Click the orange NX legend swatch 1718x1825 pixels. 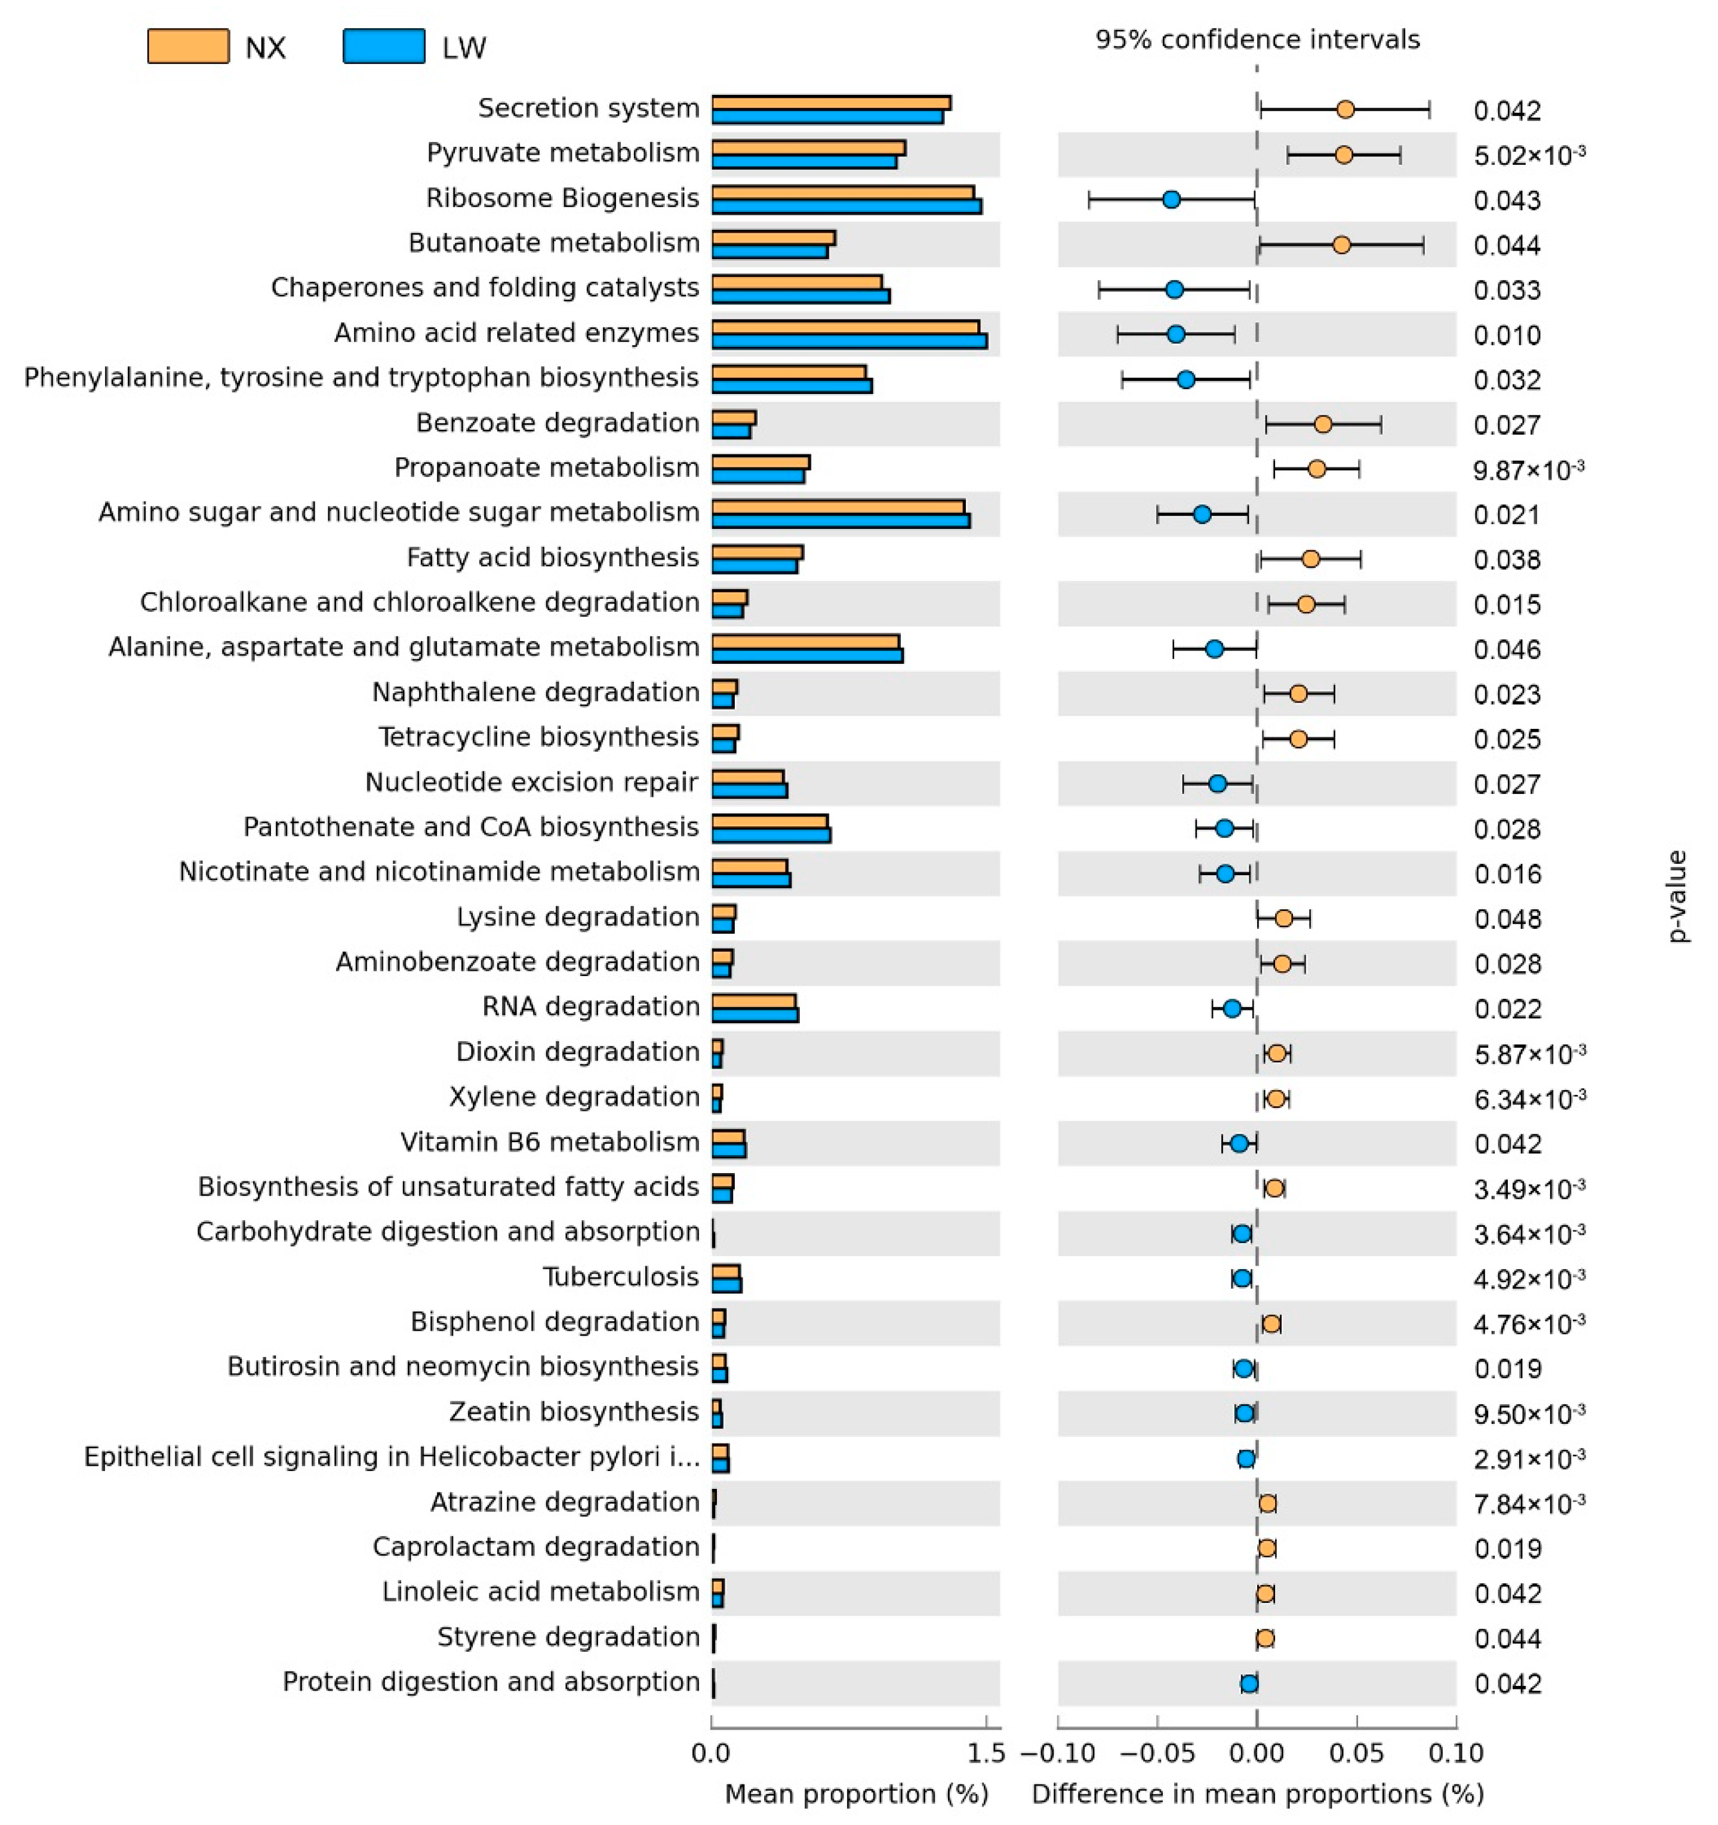click(x=188, y=47)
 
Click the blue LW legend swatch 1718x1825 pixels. click(x=384, y=47)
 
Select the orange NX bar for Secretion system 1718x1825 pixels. click(x=830, y=103)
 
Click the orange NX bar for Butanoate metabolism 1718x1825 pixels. click(x=772, y=238)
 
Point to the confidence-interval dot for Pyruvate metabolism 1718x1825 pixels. click(x=1344, y=155)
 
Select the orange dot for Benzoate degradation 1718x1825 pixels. click(x=1322, y=424)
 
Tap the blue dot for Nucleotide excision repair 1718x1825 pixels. click(x=1218, y=784)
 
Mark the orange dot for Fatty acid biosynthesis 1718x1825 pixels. click(x=1310, y=559)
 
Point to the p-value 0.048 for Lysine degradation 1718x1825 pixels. click(x=1508, y=919)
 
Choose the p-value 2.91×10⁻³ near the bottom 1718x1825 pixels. click(x=1529, y=1458)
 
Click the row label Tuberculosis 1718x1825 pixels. click(x=620, y=1277)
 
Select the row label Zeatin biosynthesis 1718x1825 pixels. click(x=574, y=1412)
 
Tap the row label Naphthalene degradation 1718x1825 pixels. click(x=535, y=692)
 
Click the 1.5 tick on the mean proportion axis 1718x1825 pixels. click(x=987, y=1753)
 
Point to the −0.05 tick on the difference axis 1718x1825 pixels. click(x=1157, y=1753)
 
